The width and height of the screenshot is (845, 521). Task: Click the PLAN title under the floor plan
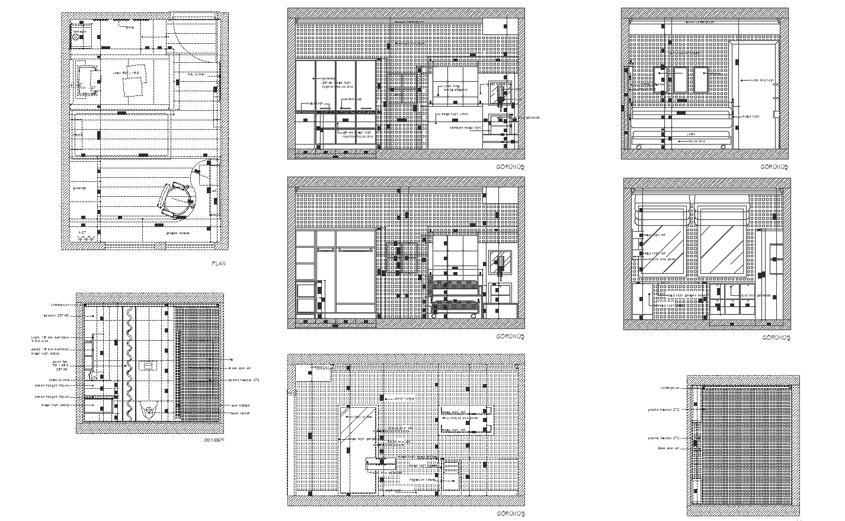click(x=219, y=263)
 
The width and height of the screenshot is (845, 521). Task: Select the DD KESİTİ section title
click(x=214, y=440)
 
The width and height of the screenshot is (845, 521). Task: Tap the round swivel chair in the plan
click(x=176, y=199)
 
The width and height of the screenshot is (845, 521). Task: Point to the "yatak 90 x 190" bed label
click(x=126, y=73)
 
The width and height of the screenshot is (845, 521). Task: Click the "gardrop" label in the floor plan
click(x=79, y=188)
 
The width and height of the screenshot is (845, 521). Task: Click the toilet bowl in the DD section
click(x=150, y=408)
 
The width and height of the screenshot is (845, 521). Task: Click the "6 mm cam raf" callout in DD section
click(x=236, y=367)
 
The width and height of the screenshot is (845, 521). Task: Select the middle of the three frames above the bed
click(x=680, y=80)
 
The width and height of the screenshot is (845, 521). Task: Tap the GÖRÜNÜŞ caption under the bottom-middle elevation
click(x=510, y=513)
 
